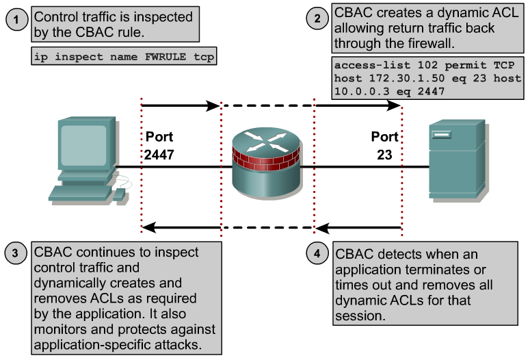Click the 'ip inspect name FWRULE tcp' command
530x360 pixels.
click(124, 57)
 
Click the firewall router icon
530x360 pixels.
click(267, 164)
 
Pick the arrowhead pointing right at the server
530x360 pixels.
click(395, 105)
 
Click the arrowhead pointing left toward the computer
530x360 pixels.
click(148, 227)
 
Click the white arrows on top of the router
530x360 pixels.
click(267, 142)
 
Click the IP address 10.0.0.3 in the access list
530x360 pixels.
click(358, 90)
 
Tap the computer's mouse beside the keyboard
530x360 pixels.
click(120, 194)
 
